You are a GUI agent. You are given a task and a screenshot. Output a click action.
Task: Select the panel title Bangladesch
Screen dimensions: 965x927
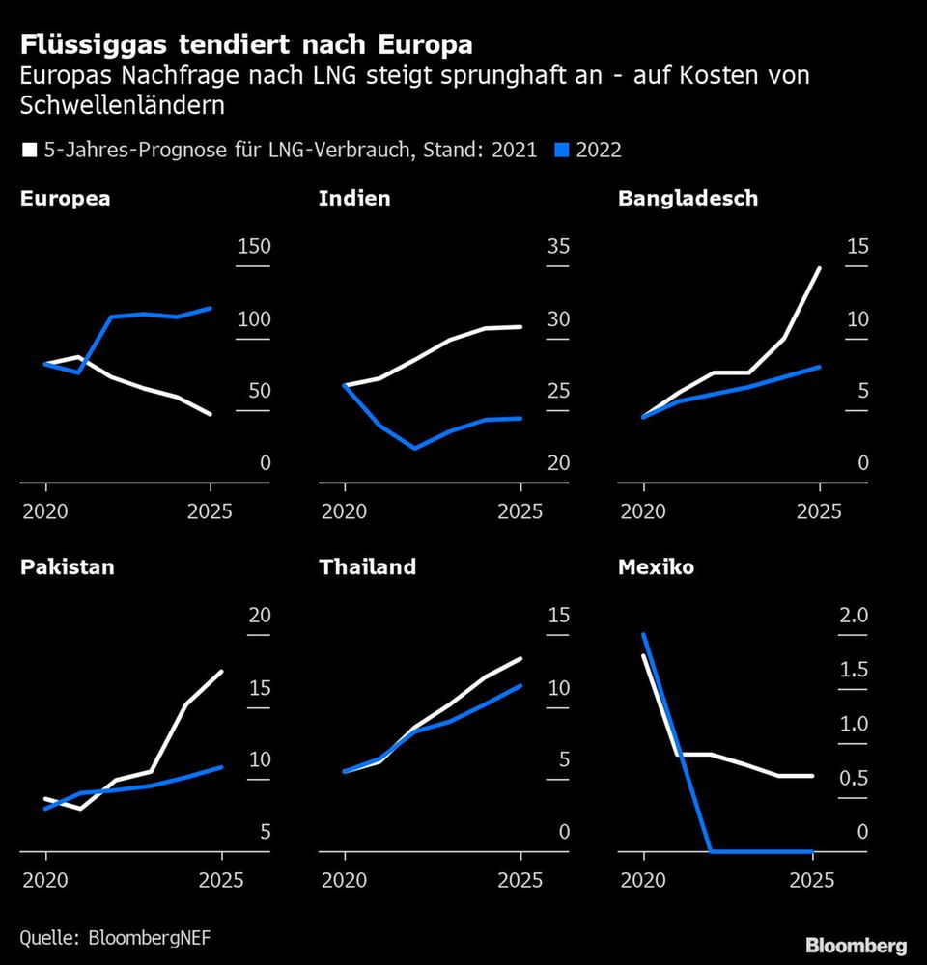pos(688,199)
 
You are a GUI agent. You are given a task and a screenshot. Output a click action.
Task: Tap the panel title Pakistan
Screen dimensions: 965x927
pos(67,566)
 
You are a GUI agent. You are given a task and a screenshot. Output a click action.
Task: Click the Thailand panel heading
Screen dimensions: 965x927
pos(367,566)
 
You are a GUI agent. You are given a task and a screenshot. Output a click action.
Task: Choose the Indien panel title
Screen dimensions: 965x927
pos(354,199)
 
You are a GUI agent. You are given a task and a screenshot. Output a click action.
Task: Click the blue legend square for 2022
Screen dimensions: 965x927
pos(562,150)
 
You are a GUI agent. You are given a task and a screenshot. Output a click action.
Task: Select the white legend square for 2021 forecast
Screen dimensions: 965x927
pos(28,150)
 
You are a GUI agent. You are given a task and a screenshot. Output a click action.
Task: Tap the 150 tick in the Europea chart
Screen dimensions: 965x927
pos(254,246)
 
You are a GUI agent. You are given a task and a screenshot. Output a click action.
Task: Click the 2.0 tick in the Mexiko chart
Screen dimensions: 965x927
pos(857,615)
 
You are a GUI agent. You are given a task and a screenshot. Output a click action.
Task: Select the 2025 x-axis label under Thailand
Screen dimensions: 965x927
pos(520,880)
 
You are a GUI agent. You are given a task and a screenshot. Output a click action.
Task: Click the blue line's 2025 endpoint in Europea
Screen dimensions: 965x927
pos(211,308)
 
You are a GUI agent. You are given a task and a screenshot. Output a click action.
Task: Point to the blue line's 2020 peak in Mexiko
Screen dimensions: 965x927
pos(644,634)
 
